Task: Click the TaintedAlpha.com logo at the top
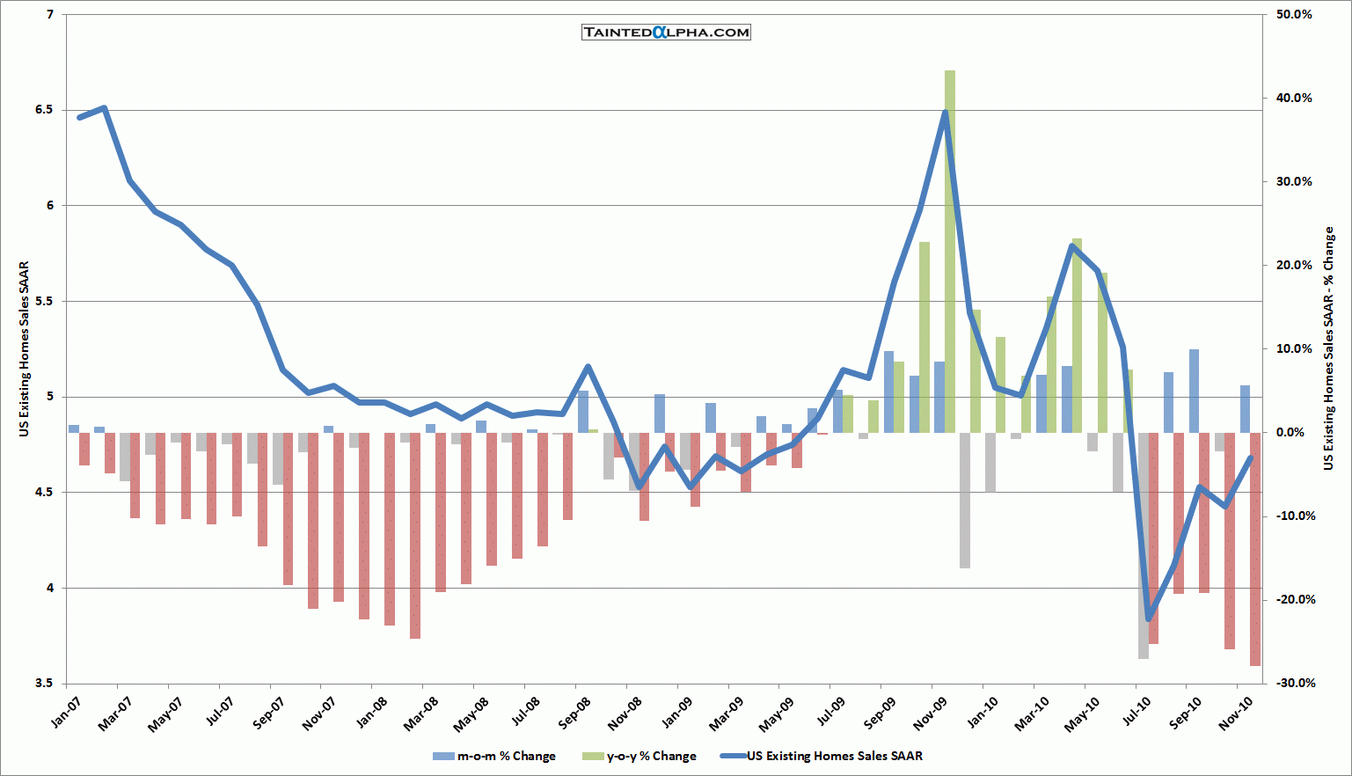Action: (666, 33)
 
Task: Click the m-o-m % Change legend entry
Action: (494, 756)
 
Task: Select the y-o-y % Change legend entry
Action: (639, 756)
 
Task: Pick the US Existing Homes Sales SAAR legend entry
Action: (822, 756)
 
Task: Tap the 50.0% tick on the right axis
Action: (1294, 15)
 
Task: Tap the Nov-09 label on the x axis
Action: (930, 712)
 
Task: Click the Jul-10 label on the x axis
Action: (1133, 712)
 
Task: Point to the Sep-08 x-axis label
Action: (574, 712)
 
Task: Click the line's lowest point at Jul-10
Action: (1148, 619)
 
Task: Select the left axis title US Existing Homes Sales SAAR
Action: (24, 349)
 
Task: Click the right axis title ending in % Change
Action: (1329, 349)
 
